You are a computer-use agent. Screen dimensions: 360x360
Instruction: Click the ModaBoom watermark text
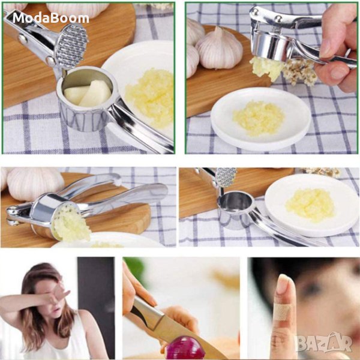[x=51, y=18]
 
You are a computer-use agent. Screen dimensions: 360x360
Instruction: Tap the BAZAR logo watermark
[x=323, y=343]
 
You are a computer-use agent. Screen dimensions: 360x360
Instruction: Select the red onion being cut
[x=185, y=348]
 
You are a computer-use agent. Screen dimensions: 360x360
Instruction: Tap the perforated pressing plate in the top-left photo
[x=71, y=46]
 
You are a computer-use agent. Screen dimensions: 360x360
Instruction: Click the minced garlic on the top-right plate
[x=259, y=118]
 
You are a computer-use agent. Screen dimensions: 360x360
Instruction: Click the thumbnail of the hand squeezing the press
[x=272, y=78]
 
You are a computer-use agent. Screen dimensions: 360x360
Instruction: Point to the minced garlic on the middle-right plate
[x=310, y=205]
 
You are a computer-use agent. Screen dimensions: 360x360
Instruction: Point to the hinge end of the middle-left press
[x=14, y=216]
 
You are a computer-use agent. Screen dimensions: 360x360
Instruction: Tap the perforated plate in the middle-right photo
[x=226, y=177]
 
